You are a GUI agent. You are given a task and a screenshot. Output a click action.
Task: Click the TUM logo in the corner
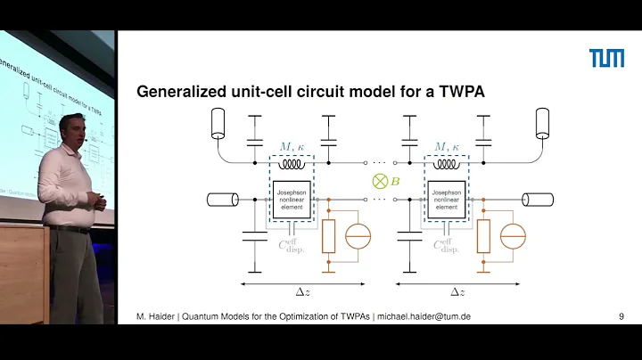[606, 58]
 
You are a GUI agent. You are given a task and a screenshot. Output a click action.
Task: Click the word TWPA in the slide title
[459, 92]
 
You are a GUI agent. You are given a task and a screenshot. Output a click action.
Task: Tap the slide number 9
[620, 316]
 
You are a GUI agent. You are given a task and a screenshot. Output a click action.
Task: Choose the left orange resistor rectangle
[329, 236]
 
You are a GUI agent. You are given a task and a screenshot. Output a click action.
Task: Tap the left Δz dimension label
[302, 291]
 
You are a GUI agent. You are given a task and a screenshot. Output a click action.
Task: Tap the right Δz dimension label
[457, 291]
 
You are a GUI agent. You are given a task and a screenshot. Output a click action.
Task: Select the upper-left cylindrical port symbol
[216, 124]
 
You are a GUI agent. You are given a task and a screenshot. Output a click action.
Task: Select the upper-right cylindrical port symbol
[542, 124]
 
